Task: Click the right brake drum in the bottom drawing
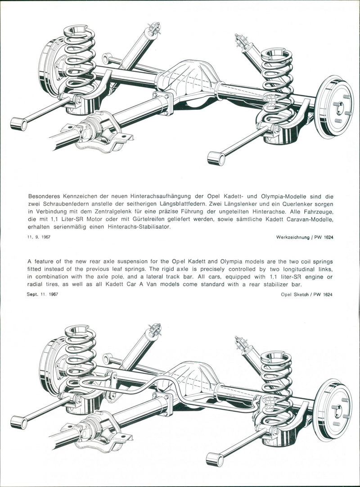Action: (x=333, y=409)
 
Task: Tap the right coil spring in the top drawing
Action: (x=277, y=83)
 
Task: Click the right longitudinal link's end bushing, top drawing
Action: (x=216, y=158)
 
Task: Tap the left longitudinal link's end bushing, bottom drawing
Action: (x=18, y=422)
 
